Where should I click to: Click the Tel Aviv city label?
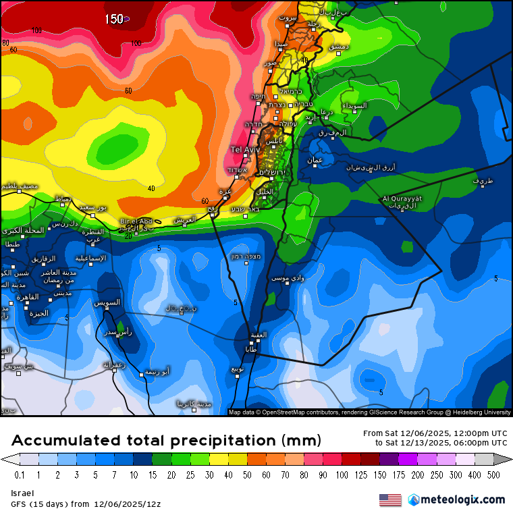tap(246, 149)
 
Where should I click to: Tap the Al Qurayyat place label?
tap(402, 198)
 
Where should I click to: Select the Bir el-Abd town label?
tap(136, 221)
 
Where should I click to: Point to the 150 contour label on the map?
tap(114, 19)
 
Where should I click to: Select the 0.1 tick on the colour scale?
tap(20, 475)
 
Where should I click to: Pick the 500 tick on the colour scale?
tap(493, 475)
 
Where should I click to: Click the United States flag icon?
tap(390, 500)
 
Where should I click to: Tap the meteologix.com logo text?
tap(462, 500)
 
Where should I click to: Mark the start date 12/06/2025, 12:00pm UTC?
tap(435, 433)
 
